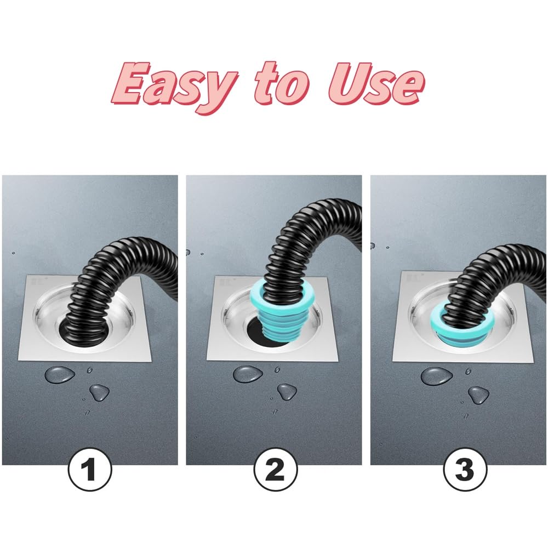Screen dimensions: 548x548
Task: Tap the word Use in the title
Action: pos(376,84)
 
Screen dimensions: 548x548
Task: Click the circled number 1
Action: pos(90,470)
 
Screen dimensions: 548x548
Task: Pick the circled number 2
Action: pos(276,470)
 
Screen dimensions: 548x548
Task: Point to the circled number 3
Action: pos(465,470)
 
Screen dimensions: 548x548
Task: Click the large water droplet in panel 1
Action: pos(59,374)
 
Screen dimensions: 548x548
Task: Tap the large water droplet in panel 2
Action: pos(248,374)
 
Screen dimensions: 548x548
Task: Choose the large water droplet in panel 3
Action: pos(437,376)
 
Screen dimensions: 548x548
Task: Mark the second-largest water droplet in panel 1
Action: pos(99,392)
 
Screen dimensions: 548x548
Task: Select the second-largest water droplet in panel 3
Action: pos(478,395)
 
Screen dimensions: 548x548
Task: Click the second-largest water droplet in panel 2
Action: pos(287,392)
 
